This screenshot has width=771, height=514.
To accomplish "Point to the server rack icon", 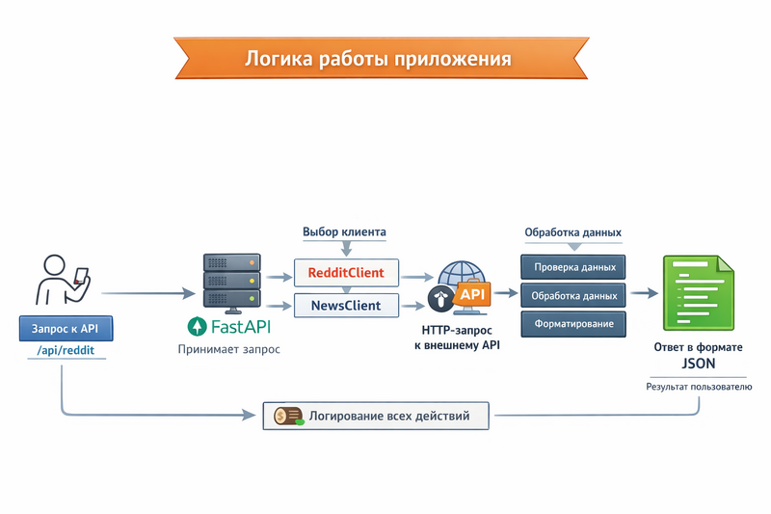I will (x=232, y=282).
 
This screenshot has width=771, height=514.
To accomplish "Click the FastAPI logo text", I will (x=232, y=325).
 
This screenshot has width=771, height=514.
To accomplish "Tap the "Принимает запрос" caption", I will (x=229, y=349).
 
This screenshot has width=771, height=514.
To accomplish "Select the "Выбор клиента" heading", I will (x=344, y=232).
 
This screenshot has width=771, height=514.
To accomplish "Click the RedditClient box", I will (x=345, y=273).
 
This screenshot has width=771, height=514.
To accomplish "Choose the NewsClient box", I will (x=345, y=306).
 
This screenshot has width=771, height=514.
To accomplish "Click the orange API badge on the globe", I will (x=473, y=293).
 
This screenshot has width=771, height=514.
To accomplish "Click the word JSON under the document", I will (x=698, y=365).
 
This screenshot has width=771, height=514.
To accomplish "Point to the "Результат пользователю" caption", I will (x=699, y=387).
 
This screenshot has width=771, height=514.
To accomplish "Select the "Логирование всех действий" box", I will (x=376, y=417).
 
